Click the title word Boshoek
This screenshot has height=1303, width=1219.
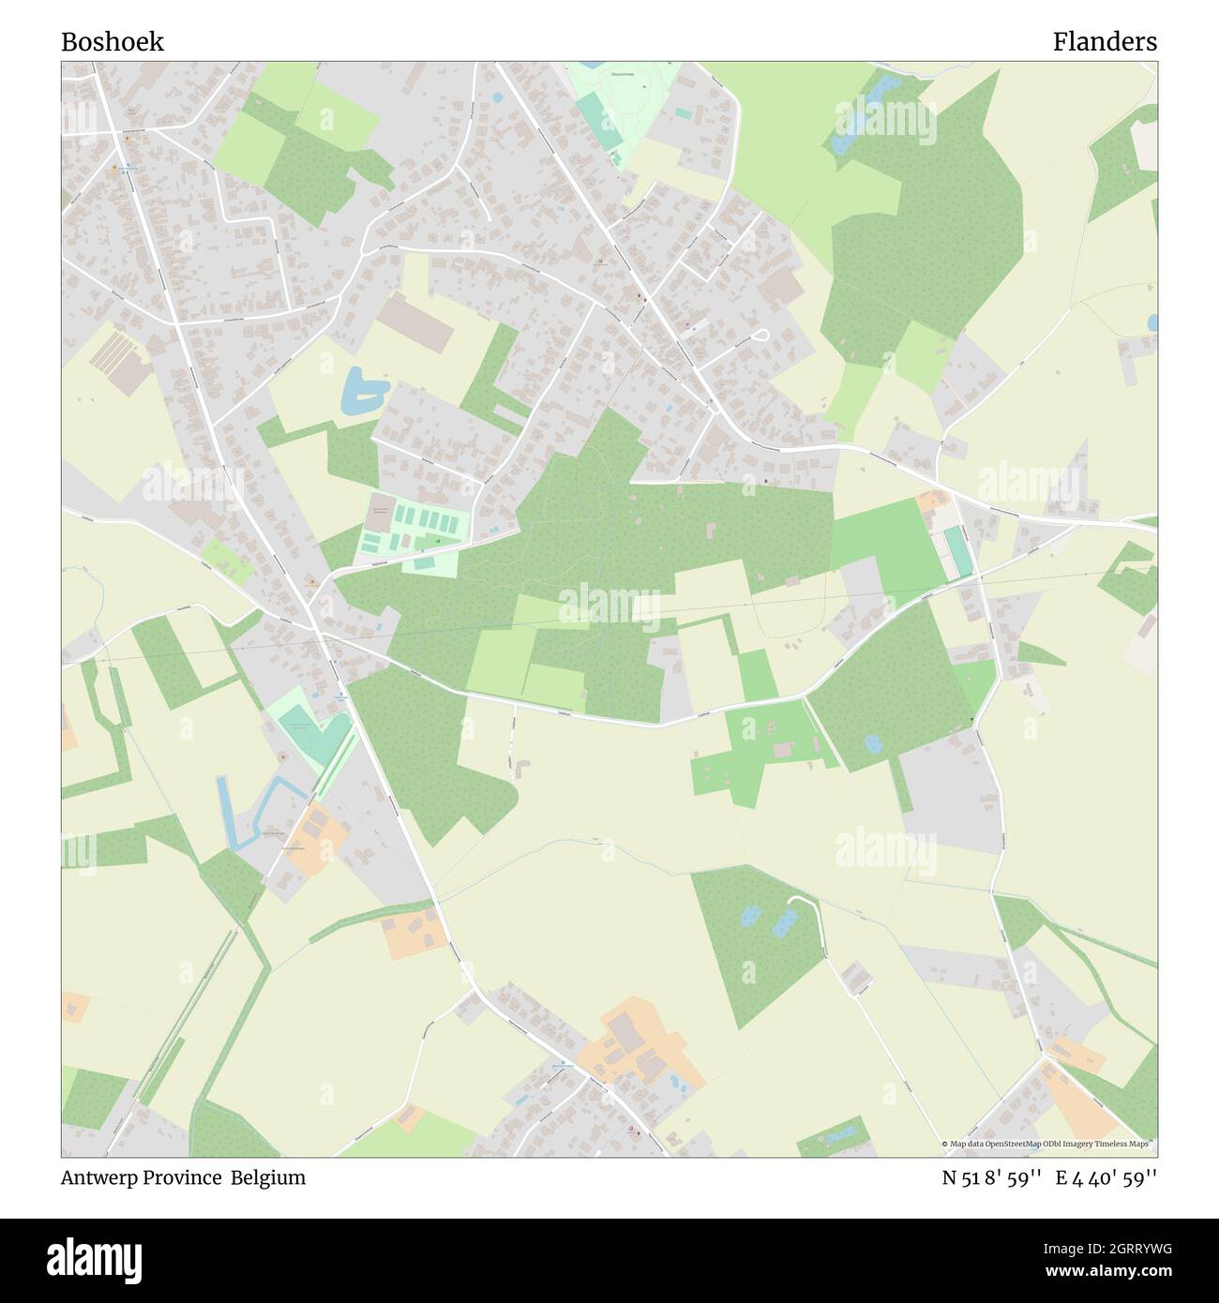click(113, 42)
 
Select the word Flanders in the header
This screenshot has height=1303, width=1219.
click(1104, 42)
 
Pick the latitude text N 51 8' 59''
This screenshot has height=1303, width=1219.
click(992, 1177)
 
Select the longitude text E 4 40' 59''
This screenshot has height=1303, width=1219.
click(1106, 1177)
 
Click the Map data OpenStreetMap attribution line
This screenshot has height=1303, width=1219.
click(1047, 1144)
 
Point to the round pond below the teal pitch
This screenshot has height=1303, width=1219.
click(873, 743)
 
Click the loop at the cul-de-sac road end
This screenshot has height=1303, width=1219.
click(760, 335)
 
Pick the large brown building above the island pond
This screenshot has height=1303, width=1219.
click(416, 321)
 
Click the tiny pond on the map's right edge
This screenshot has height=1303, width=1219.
click(1151, 322)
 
